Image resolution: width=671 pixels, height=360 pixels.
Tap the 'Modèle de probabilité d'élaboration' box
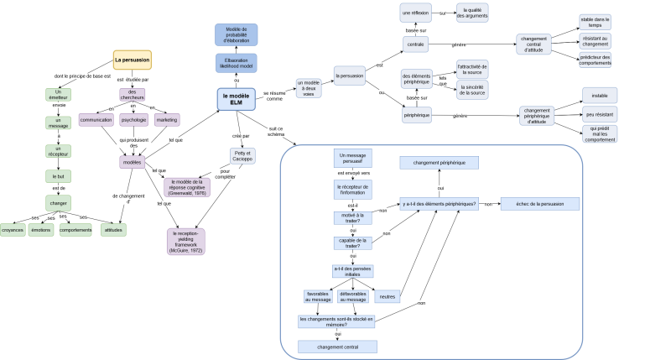(x=236, y=34)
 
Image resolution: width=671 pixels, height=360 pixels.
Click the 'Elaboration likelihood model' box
(x=236, y=62)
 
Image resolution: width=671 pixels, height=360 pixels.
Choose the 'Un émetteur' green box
(x=59, y=94)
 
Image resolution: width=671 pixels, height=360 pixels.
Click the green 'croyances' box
(x=13, y=229)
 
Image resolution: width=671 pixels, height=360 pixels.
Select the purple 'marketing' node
(x=166, y=119)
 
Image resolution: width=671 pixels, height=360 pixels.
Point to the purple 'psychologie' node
(x=134, y=119)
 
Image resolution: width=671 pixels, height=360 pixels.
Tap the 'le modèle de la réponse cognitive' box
(x=187, y=185)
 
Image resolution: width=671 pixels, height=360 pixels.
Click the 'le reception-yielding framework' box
(x=185, y=240)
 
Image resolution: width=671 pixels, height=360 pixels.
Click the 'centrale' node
(x=416, y=43)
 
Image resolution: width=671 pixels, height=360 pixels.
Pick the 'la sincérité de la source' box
(x=471, y=89)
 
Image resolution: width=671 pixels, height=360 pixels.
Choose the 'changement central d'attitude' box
(x=533, y=44)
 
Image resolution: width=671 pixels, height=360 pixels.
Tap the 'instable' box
(x=600, y=95)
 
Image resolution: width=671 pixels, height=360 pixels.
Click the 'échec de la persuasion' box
(x=539, y=204)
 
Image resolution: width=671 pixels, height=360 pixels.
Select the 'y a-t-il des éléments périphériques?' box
(x=439, y=204)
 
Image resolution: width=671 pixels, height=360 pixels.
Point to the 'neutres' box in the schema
(x=387, y=296)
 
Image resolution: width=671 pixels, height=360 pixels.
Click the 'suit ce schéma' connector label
(x=277, y=132)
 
